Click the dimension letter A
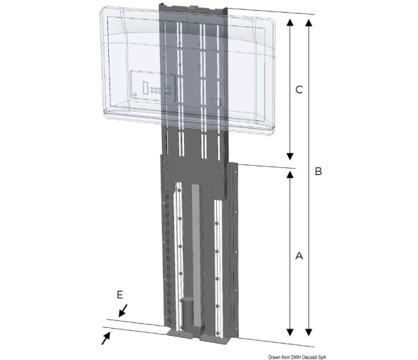[x=299, y=255]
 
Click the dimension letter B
[x=318, y=171]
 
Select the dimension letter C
[x=299, y=90]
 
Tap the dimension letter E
[x=120, y=295]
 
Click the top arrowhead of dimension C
[x=290, y=22]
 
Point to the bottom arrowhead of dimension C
[x=290, y=157]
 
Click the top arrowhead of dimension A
[x=290, y=174]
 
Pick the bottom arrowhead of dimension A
[x=290, y=332]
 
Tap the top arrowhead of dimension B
[x=309, y=23]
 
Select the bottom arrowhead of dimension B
[x=309, y=332]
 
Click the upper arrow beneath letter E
[x=123, y=310]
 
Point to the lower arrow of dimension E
[x=106, y=338]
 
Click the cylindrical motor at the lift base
[x=189, y=311]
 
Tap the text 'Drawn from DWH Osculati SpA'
[x=297, y=357]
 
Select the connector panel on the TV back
[x=153, y=85]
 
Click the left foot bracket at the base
[x=179, y=334]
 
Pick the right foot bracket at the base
[x=215, y=339]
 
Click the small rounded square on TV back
[x=215, y=102]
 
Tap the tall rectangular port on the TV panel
[x=146, y=88]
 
